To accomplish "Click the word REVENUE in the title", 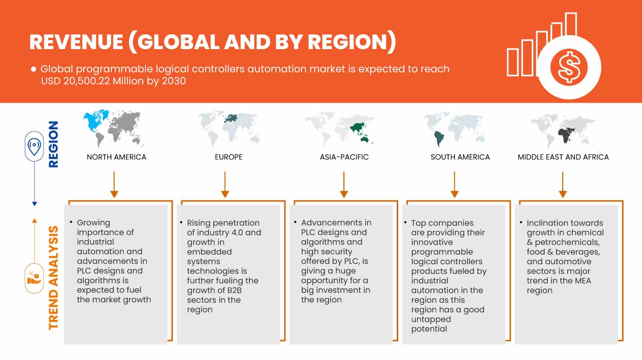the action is point(77,42).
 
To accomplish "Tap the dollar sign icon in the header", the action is point(569,67).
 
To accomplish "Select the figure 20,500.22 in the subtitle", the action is point(87,81).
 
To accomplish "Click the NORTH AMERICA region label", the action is point(116,157).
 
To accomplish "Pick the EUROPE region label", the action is point(229,157).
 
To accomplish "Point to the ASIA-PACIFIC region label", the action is point(344,157).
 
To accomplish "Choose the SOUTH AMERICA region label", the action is point(460,157).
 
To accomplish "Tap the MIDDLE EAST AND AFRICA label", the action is point(563,157).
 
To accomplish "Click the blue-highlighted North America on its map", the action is point(95,121).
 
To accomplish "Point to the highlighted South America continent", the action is point(439,138).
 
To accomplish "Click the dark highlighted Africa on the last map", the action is point(565,135).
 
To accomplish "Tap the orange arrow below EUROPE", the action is point(225,185).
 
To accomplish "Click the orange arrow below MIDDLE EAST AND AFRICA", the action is point(563,185).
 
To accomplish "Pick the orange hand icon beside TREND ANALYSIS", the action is point(34,278).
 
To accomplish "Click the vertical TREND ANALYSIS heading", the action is point(53,278).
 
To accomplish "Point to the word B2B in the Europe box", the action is point(234,290).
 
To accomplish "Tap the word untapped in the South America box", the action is point(431,320).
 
